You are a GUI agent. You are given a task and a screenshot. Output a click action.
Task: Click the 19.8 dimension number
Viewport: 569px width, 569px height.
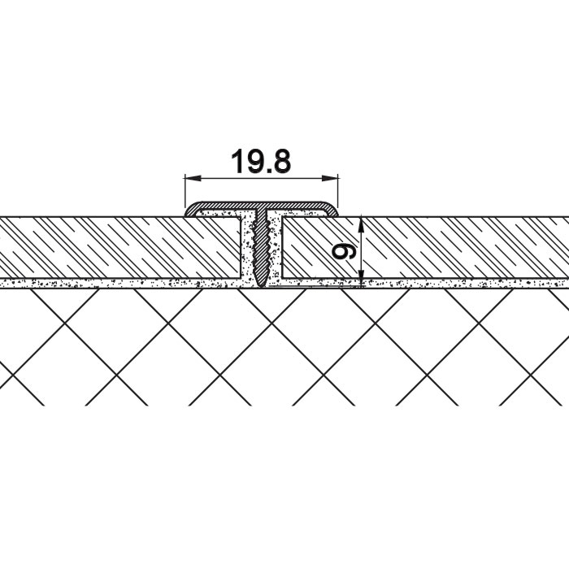[x=261, y=162]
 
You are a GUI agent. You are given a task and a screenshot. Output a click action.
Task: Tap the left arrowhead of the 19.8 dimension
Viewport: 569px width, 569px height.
[x=193, y=178]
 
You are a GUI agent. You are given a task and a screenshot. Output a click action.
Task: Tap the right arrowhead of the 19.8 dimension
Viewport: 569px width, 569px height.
[x=330, y=178]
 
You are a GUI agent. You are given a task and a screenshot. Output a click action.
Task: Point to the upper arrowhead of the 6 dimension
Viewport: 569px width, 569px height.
[x=361, y=225]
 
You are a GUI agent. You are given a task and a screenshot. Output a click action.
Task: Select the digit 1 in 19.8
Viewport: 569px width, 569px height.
[x=237, y=162]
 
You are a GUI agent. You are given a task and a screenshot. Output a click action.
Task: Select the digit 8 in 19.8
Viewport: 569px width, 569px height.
[x=281, y=162]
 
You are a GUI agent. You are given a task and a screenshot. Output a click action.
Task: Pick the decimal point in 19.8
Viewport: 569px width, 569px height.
[x=267, y=171]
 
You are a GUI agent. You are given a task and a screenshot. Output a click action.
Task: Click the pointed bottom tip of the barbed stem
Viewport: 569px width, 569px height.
[x=262, y=288]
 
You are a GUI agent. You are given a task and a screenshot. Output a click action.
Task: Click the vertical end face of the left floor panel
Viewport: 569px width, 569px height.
[x=241, y=248]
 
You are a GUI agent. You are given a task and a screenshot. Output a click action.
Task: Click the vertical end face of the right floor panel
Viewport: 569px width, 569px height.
[x=282, y=248]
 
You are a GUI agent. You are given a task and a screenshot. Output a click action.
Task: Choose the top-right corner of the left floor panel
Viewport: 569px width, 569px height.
[x=241, y=217]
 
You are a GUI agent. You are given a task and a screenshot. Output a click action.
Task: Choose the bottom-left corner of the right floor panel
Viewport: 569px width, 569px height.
[x=282, y=278]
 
